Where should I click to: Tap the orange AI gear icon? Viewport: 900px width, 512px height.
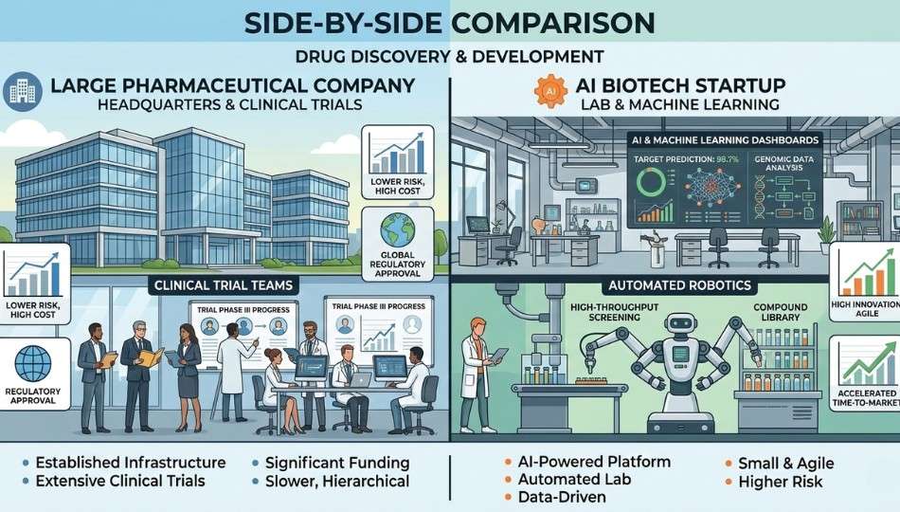coord(551,92)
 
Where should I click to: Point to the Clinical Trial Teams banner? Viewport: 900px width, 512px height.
coord(223,283)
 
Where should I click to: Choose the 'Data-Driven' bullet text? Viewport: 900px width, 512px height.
coord(563,497)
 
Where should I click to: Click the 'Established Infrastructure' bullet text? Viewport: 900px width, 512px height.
coord(130,463)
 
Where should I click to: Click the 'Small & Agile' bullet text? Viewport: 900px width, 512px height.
coord(785,463)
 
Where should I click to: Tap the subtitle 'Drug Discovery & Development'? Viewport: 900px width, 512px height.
coord(449,56)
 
